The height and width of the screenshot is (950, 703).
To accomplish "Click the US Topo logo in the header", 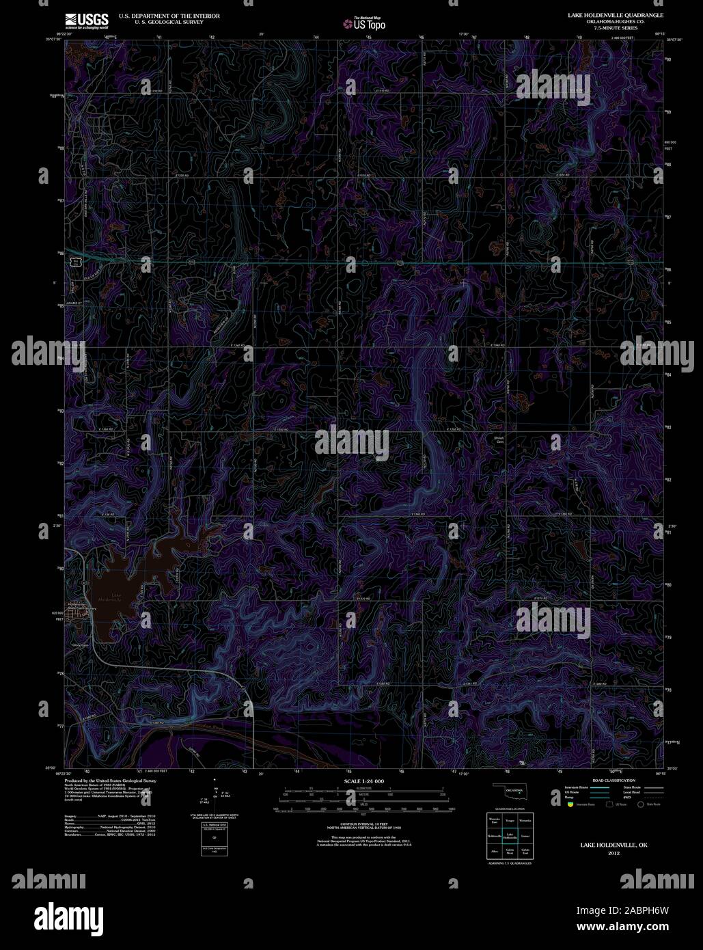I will [365, 25].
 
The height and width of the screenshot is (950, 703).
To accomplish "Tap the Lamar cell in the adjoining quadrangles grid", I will [525, 836].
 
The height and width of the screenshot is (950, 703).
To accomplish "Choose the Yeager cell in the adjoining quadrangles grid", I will [510, 819].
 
